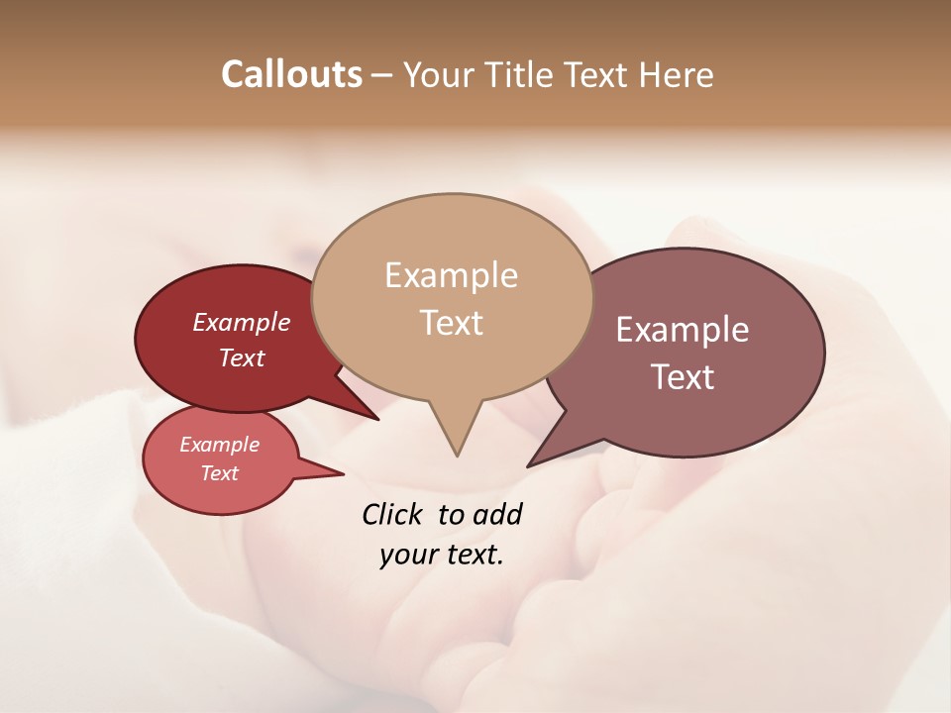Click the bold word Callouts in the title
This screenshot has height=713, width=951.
pyautogui.click(x=291, y=75)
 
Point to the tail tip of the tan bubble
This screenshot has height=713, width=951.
pyautogui.click(x=457, y=454)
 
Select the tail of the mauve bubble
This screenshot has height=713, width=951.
pyautogui.click(x=533, y=462)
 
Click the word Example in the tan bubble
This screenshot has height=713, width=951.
pyautogui.click(x=451, y=275)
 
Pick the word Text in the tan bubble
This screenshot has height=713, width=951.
pyautogui.click(x=451, y=323)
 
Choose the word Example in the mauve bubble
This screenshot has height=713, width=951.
pyautogui.click(x=682, y=330)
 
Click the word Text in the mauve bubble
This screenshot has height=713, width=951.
pyautogui.click(x=682, y=377)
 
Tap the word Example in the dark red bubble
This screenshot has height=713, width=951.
pyautogui.click(x=242, y=323)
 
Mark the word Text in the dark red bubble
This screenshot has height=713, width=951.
pyautogui.click(x=242, y=358)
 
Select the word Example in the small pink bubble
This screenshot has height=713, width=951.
pyautogui.click(x=220, y=445)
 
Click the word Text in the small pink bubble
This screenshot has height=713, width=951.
pyautogui.click(x=220, y=473)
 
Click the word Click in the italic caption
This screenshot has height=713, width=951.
pyautogui.click(x=393, y=514)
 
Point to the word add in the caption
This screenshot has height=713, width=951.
pyautogui.click(x=497, y=514)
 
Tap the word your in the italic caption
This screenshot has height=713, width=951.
pyautogui.click(x=406, y=555)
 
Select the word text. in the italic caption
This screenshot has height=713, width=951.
pyautogui.click(x=472, y=555)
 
